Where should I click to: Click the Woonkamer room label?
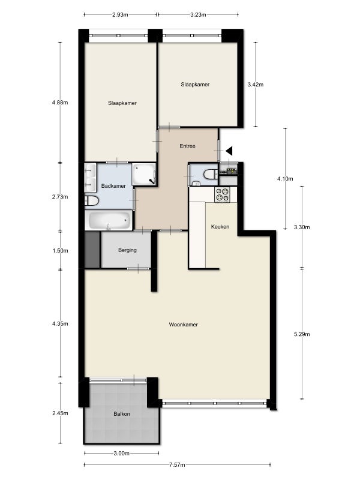183,325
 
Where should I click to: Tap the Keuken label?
220,227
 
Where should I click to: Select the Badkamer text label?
113,186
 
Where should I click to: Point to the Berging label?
127,250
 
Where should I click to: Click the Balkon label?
122,414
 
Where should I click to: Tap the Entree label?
187,146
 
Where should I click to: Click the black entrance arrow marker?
229,151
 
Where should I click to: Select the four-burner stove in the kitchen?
223,194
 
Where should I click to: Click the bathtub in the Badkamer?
109,220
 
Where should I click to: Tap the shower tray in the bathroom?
144,174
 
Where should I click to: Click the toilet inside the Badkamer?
92,201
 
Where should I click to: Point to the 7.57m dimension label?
177,464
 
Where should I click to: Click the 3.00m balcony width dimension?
122,454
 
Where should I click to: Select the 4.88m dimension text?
60,103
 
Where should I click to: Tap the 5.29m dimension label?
302,334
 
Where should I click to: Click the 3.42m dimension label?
256,85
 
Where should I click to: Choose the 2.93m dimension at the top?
120,14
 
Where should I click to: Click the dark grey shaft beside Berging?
92,250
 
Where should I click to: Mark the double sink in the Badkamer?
91,178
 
